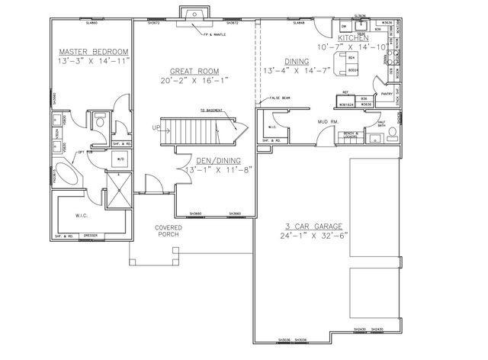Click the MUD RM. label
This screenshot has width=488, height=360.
point(328,121)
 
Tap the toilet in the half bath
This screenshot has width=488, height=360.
point(392,133)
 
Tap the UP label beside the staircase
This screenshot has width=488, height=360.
point(156,127)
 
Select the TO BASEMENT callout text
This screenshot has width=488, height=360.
point(212,111)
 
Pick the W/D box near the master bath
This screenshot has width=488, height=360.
point(120,159)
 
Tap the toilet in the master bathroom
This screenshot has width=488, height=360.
point(99,119)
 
